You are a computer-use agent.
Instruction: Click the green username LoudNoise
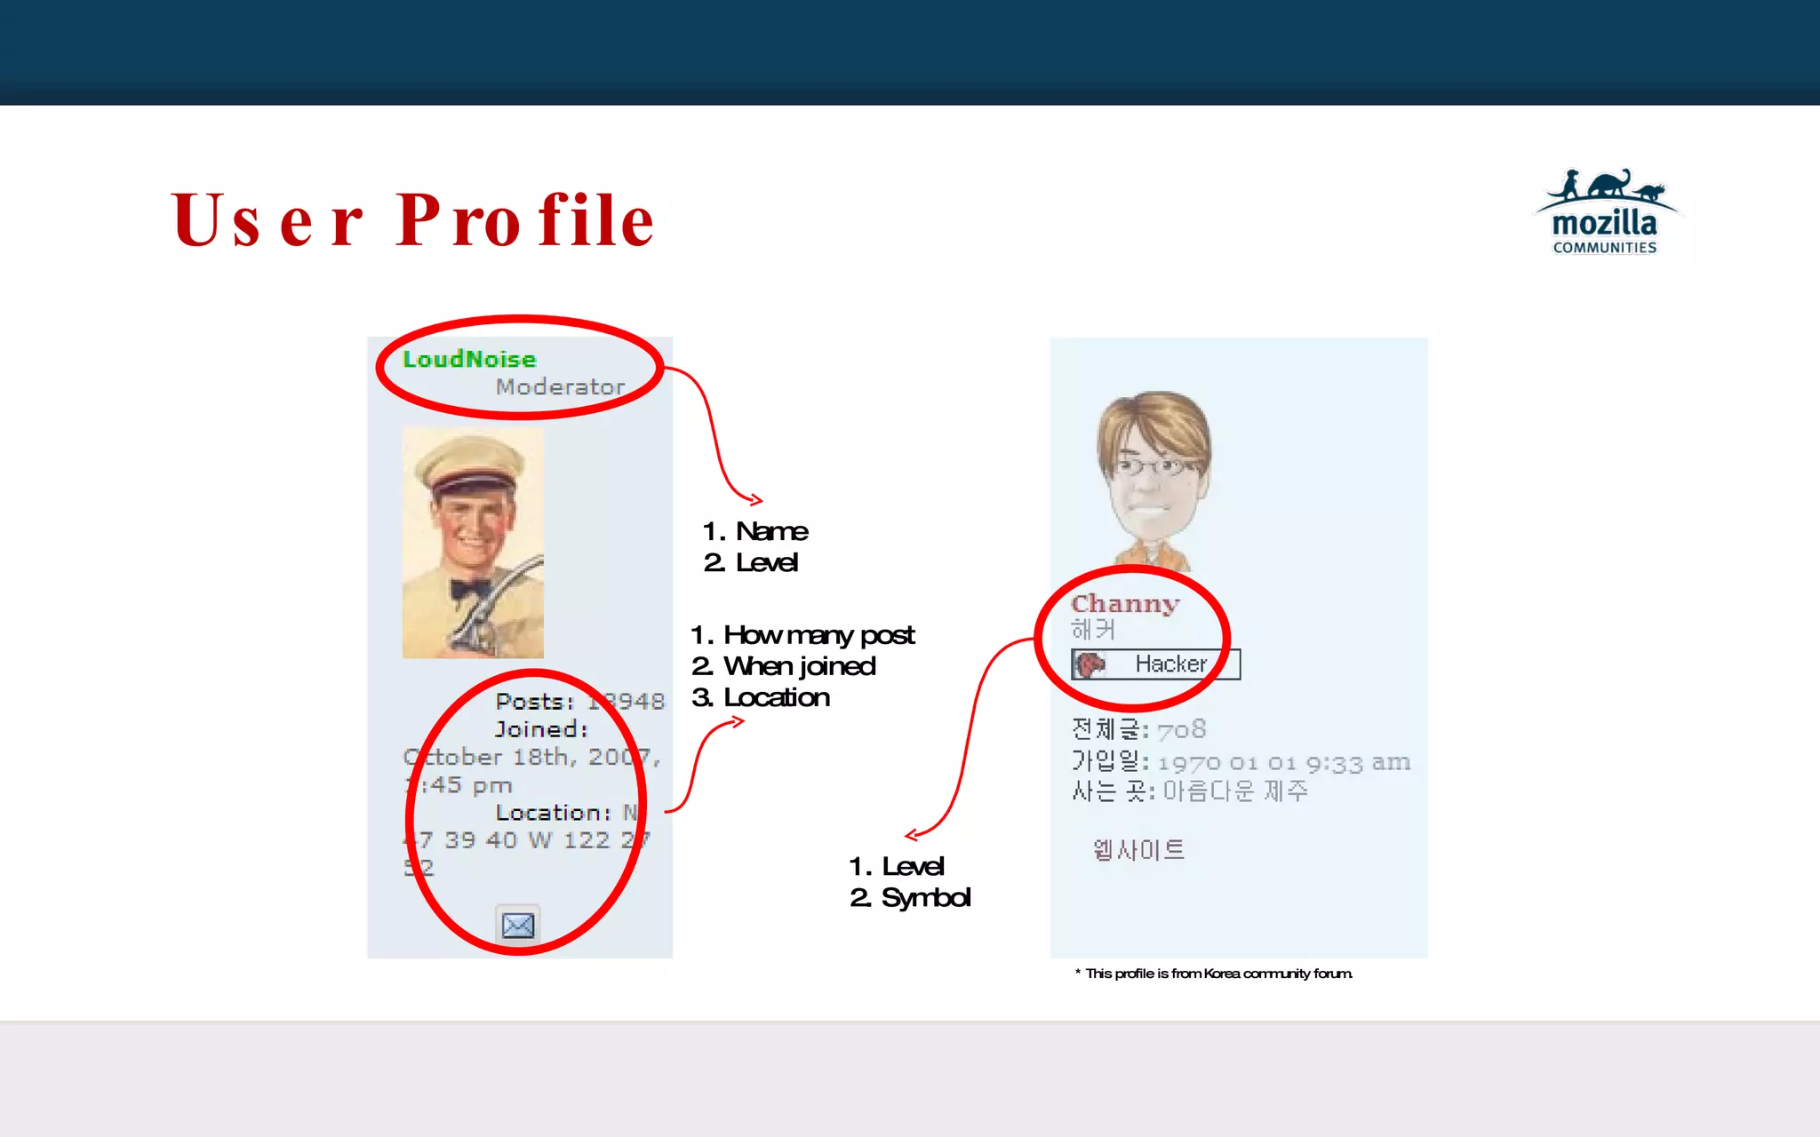click(469, 359)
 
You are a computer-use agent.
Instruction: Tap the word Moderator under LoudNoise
click(560, 387)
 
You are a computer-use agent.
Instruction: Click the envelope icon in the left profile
click(518, 926)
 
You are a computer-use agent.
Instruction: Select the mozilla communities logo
click(1605, 213)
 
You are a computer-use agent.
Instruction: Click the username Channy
click(1125, 604)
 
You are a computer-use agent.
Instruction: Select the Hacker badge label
click(1170, 664)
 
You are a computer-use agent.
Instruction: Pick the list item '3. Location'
click(761, 698)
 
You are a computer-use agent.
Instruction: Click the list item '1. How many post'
click(802, 635)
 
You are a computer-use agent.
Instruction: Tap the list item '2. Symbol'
click(910, 898)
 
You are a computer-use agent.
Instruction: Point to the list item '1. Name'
click(755, 531)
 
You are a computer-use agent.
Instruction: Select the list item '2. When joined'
click(784, 666)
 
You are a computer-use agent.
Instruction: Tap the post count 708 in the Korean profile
click(1182, 730)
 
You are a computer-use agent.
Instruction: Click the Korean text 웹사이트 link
click(1138, 850)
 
